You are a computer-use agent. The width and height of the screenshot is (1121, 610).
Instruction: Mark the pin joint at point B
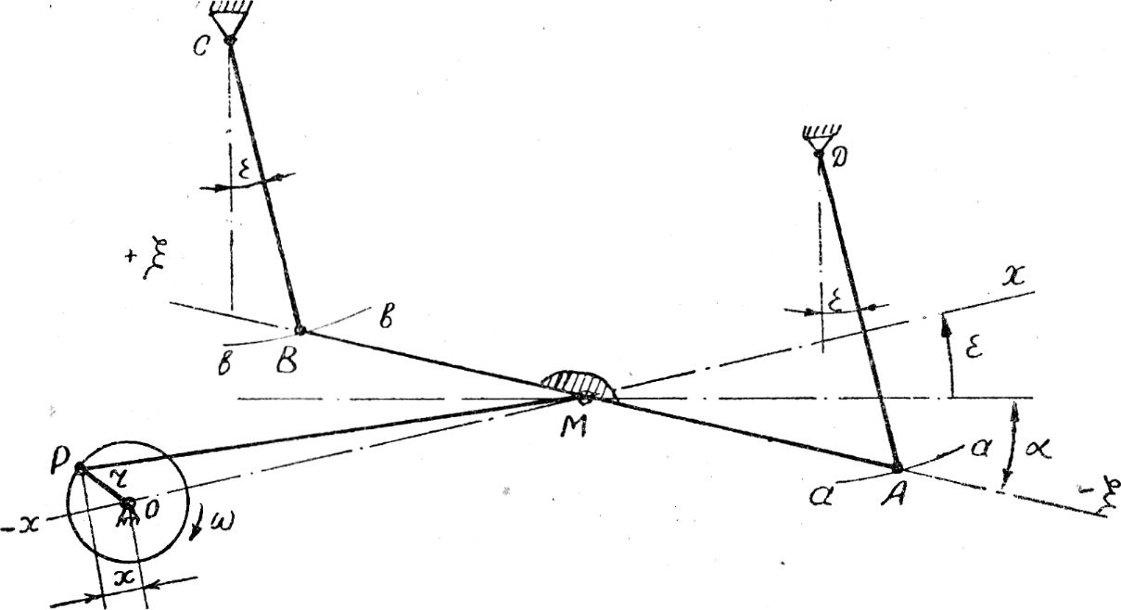299,330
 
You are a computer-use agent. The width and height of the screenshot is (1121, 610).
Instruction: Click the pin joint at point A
897,467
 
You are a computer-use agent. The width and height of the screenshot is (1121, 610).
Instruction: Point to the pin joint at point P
81,468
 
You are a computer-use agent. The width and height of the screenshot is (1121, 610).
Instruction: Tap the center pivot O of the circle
127,504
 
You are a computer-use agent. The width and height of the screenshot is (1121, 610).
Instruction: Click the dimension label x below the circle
123,577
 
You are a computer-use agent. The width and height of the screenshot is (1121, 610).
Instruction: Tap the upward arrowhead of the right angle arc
947,320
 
